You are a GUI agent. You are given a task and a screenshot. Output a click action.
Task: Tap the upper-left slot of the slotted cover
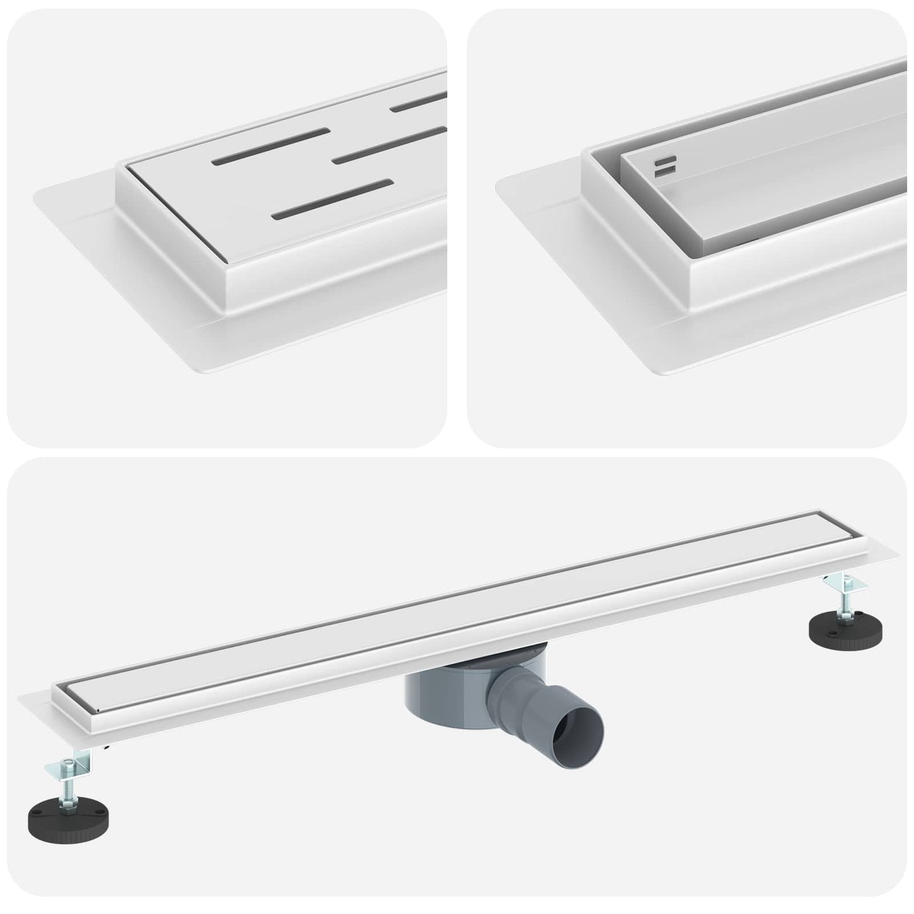point(272,145)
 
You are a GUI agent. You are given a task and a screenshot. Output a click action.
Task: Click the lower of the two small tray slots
point(666,171)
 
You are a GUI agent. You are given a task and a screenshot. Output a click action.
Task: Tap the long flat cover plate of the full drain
point(443,588)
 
